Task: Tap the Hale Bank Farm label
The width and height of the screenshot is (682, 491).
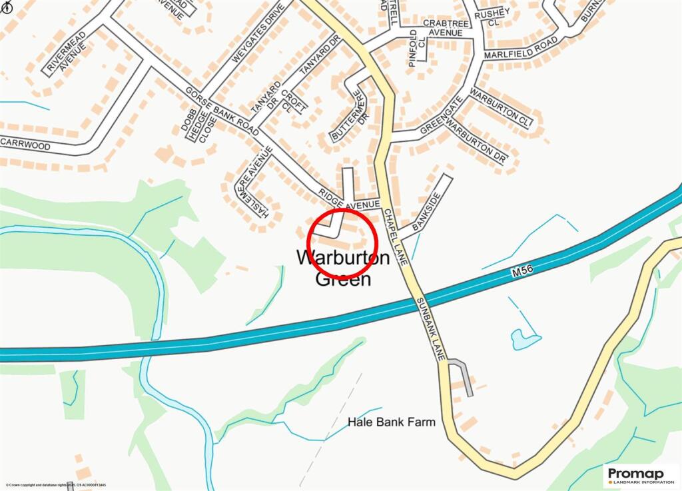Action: [391, 422]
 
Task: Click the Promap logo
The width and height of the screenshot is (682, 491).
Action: [640, 476]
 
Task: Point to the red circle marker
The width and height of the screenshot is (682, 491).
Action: [342, 243]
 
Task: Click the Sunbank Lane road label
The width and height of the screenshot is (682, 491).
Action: [430, 329]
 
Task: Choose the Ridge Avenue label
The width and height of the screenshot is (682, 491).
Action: [348, 197]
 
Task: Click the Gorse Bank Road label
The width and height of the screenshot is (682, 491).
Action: [222, 111]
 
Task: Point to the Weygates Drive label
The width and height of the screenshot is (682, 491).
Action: [253, 33]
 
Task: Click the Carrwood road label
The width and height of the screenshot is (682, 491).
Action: [25, 144]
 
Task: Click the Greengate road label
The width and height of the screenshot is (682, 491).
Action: [440, 117]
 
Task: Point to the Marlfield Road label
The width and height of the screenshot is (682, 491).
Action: [521, 48]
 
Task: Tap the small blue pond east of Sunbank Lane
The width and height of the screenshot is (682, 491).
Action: [522, 340]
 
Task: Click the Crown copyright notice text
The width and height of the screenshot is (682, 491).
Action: [56, 485]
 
